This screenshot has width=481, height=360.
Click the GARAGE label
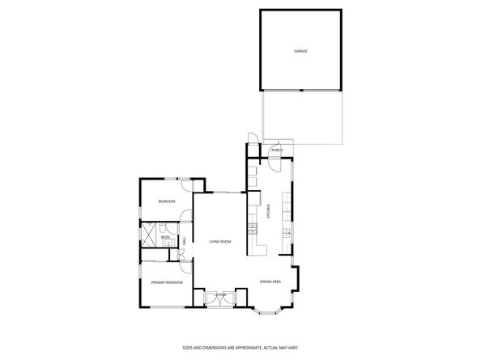(300, 51)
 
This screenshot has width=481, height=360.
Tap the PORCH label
(277, 151)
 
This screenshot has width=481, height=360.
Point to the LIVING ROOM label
(220, 241)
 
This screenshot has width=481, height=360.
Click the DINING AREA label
(270, 282)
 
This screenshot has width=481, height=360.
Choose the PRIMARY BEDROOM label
(166, 282)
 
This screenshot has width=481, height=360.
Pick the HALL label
(185, 240)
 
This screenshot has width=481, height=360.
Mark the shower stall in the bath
(150, 235)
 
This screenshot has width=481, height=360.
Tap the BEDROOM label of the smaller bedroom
(167, 201)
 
